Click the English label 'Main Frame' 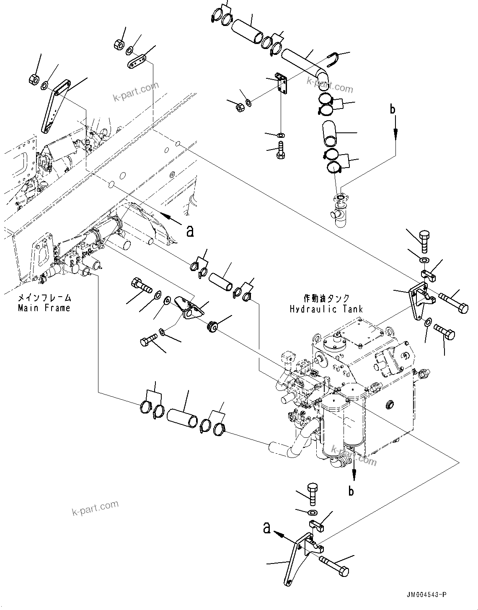(44, 308)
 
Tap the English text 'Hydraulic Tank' (326, 309)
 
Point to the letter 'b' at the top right (393, 109)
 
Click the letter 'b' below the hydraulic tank (351, 491)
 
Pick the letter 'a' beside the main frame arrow (190, 230)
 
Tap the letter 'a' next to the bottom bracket (266, 528)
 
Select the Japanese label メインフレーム (44, 298)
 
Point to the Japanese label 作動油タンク (326, 298)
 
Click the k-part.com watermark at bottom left (95, 508)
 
